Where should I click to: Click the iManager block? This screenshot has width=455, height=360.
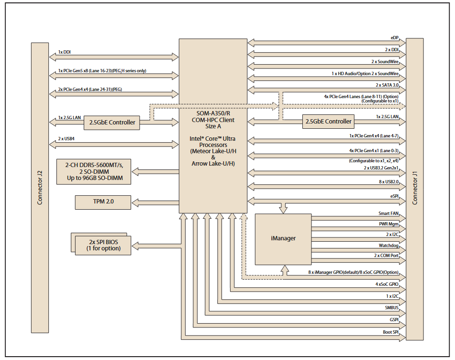coord(283,238)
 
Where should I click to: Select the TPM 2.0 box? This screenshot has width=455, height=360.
coord(103,202)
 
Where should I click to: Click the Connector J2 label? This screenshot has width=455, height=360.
coord(40,187)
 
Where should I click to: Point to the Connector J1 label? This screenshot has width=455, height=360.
coord(415,187)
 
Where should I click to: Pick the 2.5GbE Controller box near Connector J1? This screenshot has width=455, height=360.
coord(328,122)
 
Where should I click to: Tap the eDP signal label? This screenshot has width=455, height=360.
coord(394,37)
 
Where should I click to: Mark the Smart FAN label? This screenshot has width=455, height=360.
coord(388,213)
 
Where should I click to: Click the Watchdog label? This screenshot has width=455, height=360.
coord(388,245)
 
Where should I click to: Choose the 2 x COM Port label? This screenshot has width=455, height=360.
coord(386,256)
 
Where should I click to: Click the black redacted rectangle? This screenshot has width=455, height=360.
coord(61,20)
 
